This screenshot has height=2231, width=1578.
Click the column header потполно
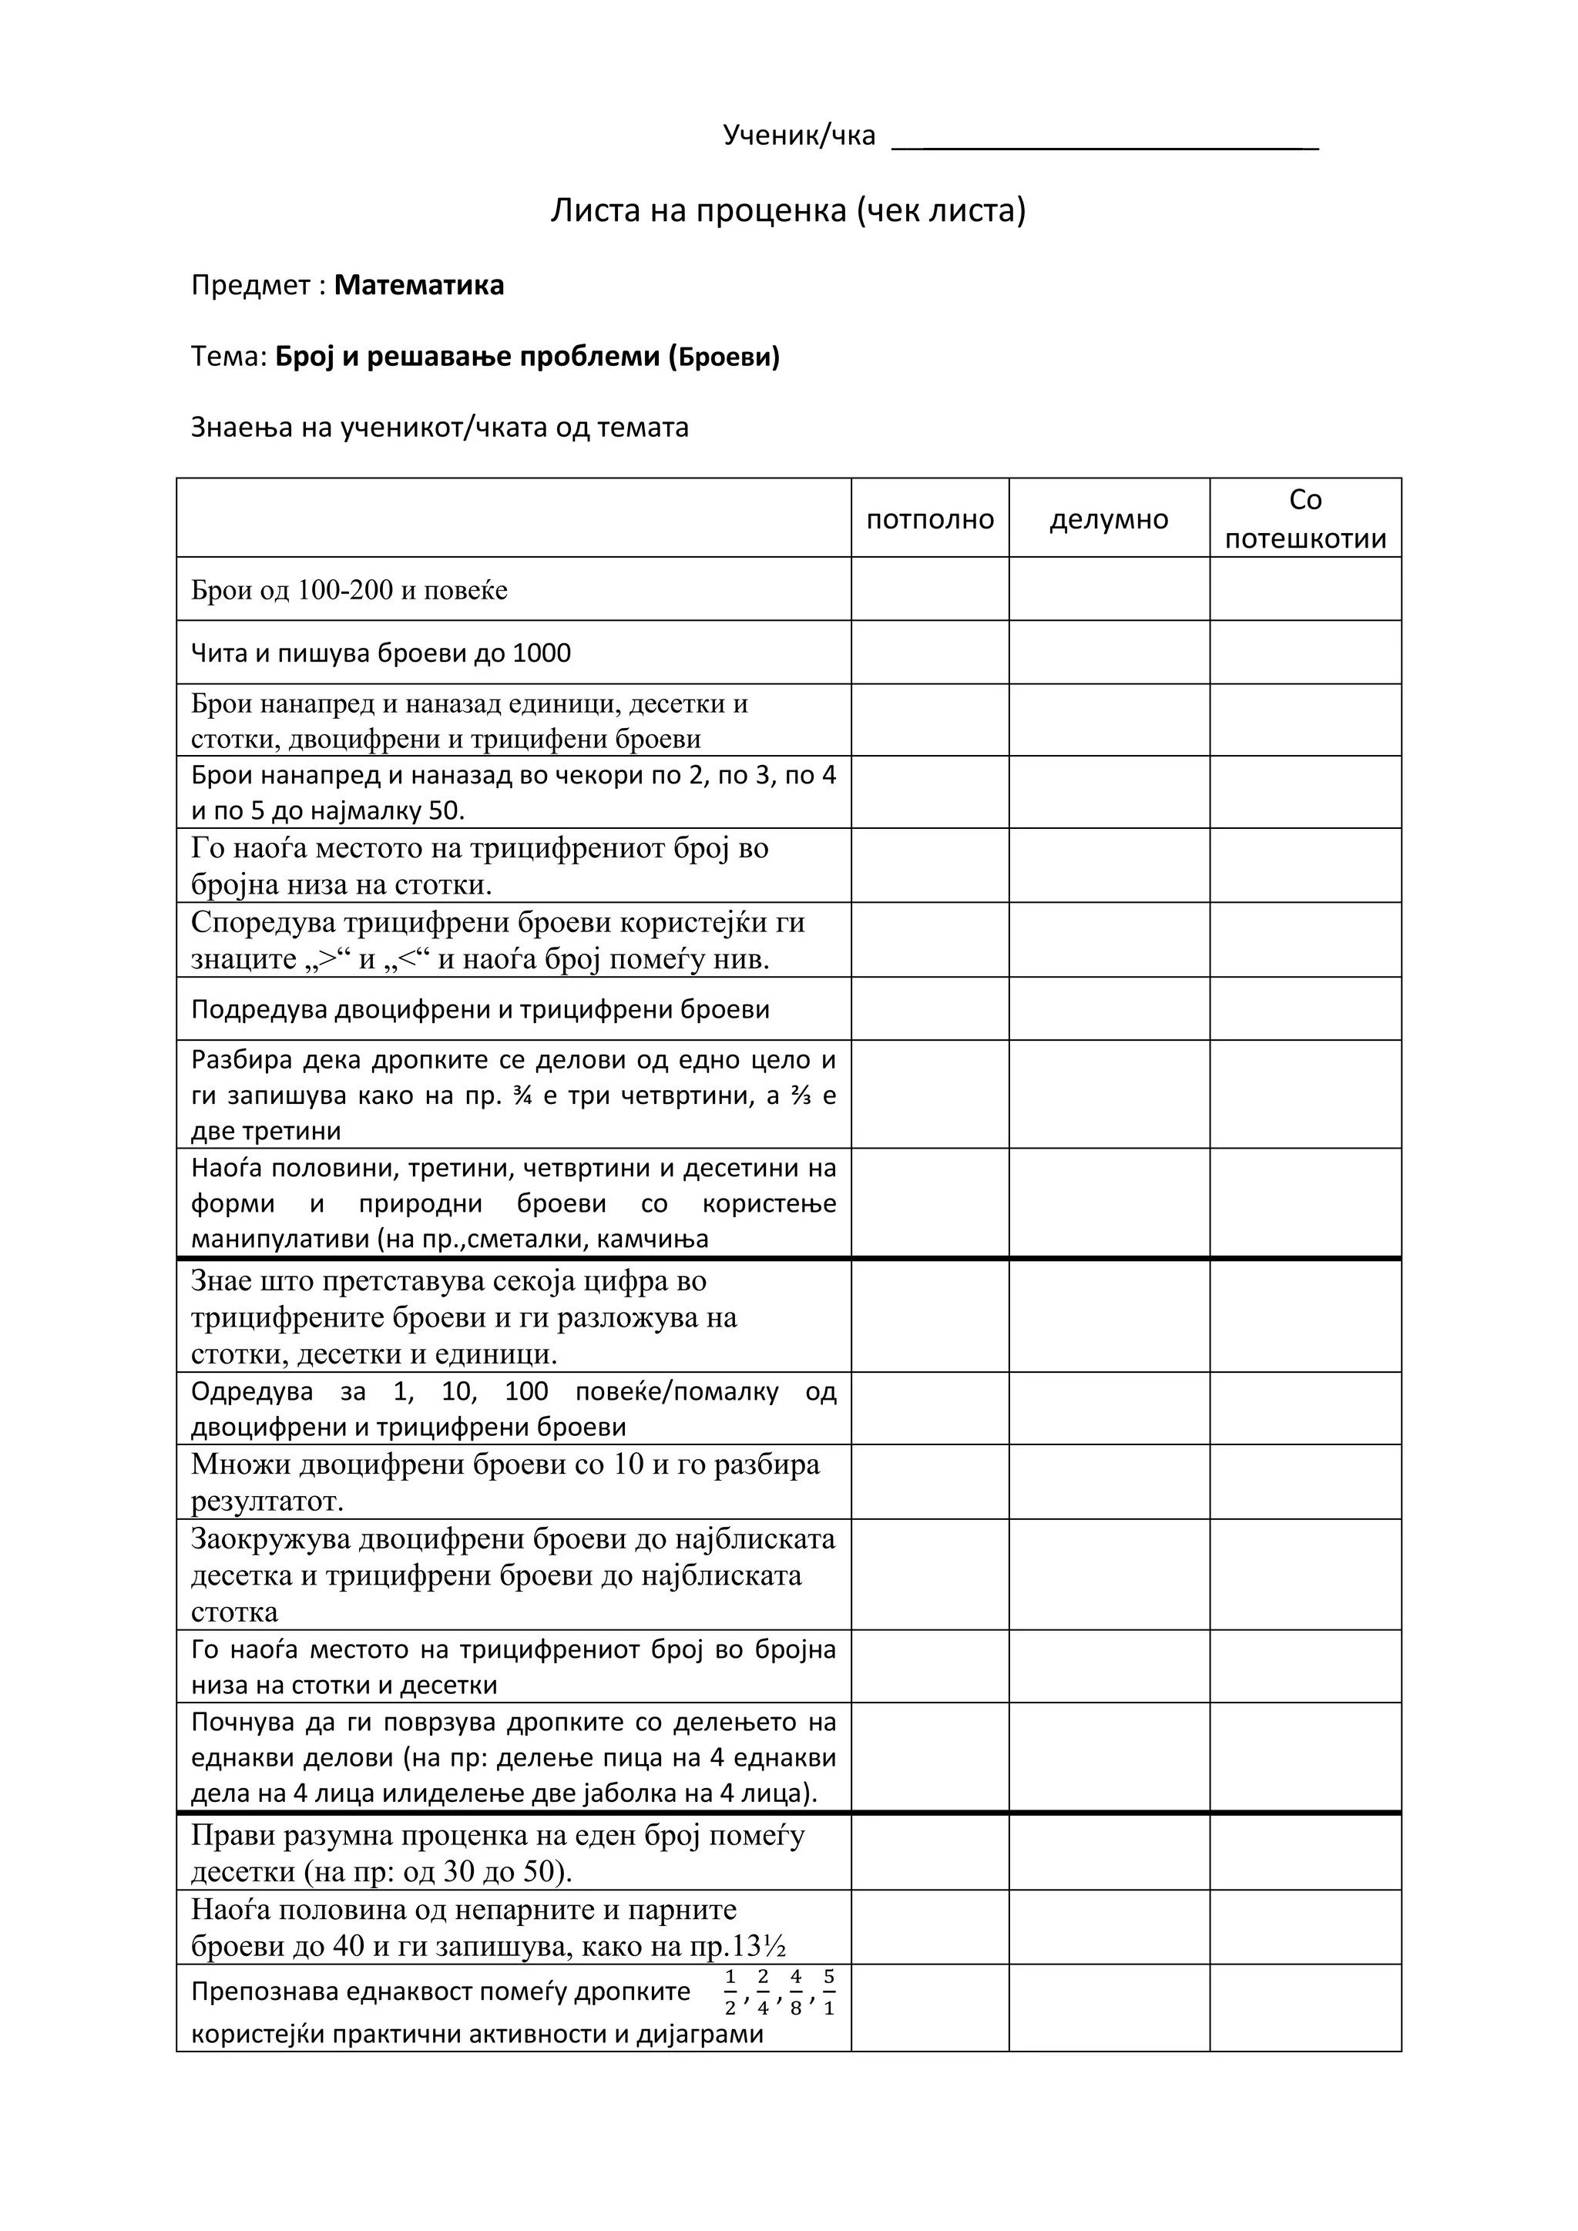(930, 520)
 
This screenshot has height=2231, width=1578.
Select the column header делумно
(1109, 520)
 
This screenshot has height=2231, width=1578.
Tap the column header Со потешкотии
(1305, 519)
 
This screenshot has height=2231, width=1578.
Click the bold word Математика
(419, 286)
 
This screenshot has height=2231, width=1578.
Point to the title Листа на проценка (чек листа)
(788, 210)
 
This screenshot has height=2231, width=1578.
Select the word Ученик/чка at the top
(799, 135)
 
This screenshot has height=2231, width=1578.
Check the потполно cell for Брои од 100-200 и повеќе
(930, 589)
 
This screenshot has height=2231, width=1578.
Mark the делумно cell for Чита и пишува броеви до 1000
(1109, 652)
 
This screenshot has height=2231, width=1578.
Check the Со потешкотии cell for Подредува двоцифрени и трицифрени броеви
(1305, 1008)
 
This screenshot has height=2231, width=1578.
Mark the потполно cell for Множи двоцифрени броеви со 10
(930, 1482)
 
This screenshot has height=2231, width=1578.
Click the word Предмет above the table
(250, 286)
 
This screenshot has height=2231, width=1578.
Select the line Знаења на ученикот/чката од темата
(439, 428)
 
